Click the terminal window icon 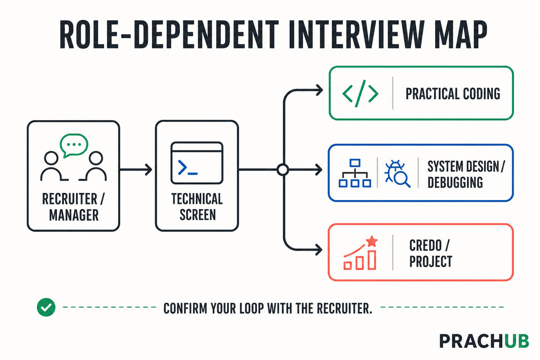click(x=197, y=163)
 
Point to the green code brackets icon click(x=360, y=94)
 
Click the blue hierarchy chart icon click(x=355, y=173)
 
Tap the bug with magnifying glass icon click(x=397, y=174)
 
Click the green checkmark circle click(x=46, y=307)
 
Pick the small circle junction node click(x=283, y=170)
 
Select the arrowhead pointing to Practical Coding click(x=320, y=90)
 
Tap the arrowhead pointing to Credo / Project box click(x=319, y=250)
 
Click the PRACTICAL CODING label click(x=453, y=94)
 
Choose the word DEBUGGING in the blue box click(x=455, y=182)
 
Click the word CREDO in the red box click(x=425, y=245)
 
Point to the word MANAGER click(x=74, y=215)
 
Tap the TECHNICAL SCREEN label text click(x=197, y=207)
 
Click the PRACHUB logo click(x=484, y=341)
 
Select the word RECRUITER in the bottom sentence click(x=345, y=308)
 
